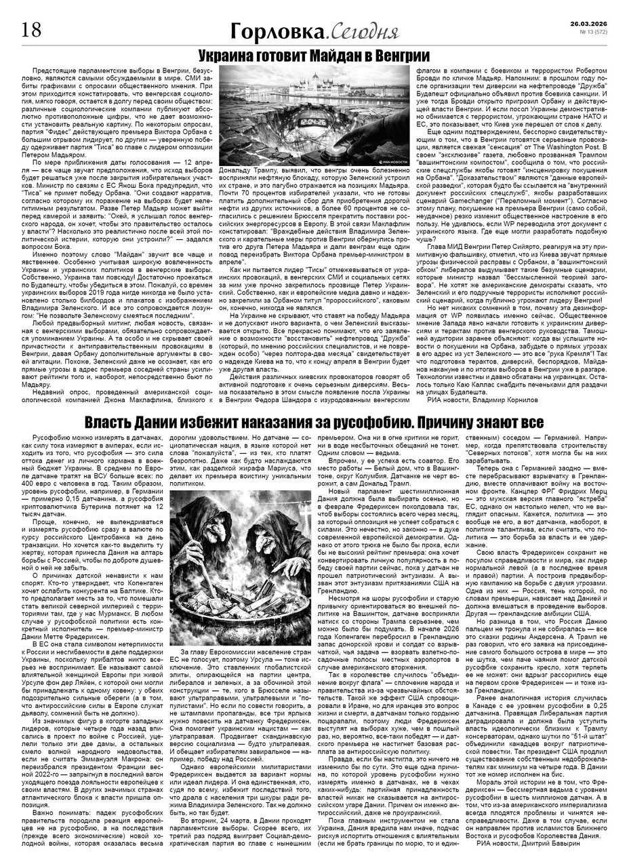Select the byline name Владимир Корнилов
tap(506, 401)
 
